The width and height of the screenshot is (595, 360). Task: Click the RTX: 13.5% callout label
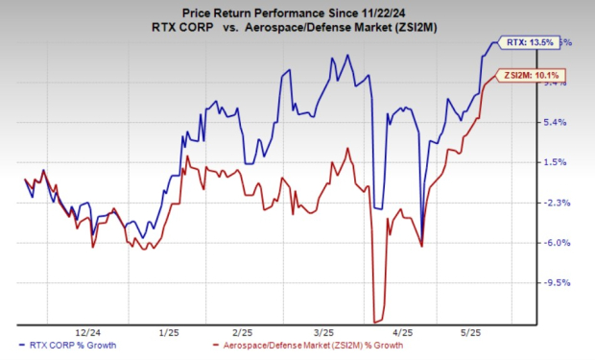(x=529, y=42)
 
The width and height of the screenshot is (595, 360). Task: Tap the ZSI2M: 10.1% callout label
(x=525, y=75)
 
